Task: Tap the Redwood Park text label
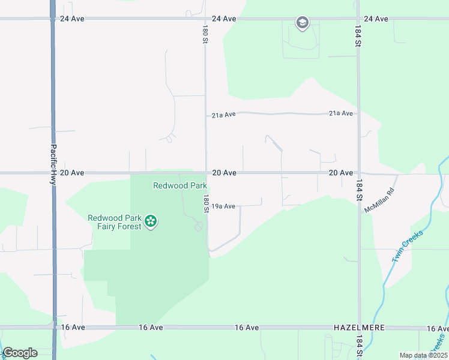[x=180, y=186]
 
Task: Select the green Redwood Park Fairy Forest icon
[x=151, y=221]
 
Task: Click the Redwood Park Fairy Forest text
[x=115, y=222]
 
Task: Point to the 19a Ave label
[x=224, y=206]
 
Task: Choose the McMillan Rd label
[x=379, y=200]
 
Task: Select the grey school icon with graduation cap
[x=302, y=23]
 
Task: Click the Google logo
[x=20, y=353]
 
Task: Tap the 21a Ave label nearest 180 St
[x=223, y=115]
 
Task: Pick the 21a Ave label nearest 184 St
[x=341, y=113]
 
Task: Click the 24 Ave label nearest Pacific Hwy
[x=72, y=19]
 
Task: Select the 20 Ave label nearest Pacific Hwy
[x=72, y=173]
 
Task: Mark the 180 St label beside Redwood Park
[x=205, y=203]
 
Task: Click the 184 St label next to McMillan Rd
[x=359, y=189]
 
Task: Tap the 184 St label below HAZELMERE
[x=358, y=345]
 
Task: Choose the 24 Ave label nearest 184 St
[x=376, y=19]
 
